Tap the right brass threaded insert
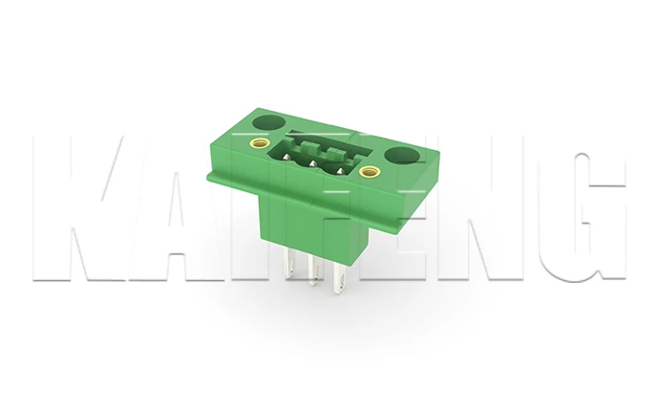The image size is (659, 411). (x=370, y=173)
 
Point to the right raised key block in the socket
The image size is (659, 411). (x=333, y=154)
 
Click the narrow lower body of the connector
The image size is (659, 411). (x=315, y=239)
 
